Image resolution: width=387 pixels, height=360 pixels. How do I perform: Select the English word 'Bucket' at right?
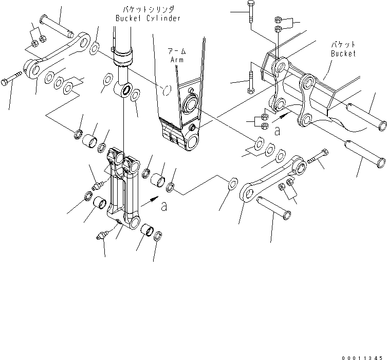343,53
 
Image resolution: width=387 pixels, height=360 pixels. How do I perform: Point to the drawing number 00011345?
363,355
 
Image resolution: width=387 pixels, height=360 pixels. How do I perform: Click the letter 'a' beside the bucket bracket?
277,132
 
